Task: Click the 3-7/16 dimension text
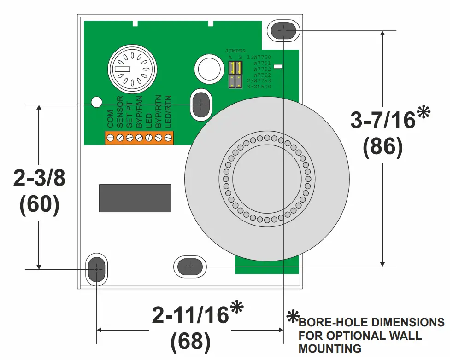[383, 121]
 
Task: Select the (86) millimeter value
[382, 147]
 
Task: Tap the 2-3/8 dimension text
[39, 179]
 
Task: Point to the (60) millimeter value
[39, 205]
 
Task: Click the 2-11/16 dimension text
[190, 315]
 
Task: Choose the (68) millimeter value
[190, 341]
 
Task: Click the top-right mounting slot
[283, 30]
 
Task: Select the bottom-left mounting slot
[96, 269]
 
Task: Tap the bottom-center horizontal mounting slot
[189, 266]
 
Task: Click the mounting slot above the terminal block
[201, 105]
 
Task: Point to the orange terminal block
[139, 137]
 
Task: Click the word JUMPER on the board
[235, 51]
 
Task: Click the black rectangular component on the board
[135, 198]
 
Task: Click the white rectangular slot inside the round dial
[123, 69]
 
